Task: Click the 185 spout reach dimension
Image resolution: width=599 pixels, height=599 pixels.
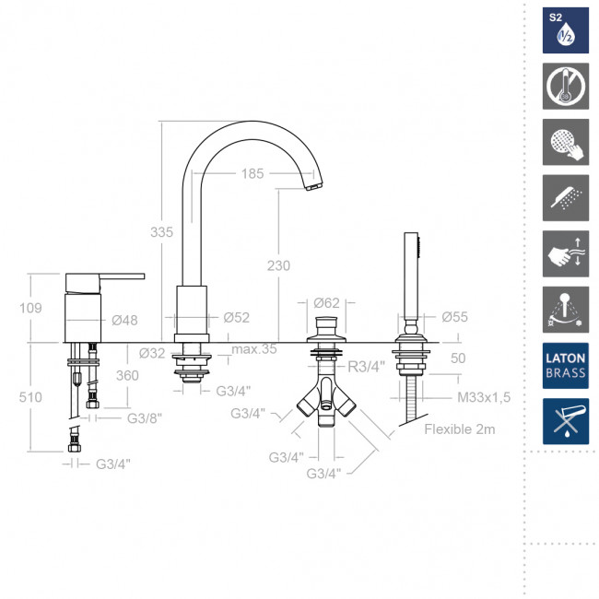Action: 253,174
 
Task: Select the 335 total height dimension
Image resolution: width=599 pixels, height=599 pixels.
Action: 161,232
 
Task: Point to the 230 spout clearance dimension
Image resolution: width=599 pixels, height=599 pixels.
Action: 278,265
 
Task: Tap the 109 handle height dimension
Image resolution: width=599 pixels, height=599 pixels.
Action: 30,308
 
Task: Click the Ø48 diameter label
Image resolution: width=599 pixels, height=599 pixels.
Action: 124,320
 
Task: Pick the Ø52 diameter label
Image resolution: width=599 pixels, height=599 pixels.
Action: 237,317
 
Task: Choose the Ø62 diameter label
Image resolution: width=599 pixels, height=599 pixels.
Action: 326,303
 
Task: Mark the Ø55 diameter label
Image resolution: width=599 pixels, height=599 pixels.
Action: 454,317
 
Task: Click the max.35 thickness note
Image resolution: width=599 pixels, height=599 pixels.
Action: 254,348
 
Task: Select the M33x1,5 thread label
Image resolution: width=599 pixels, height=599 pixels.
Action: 484,397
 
